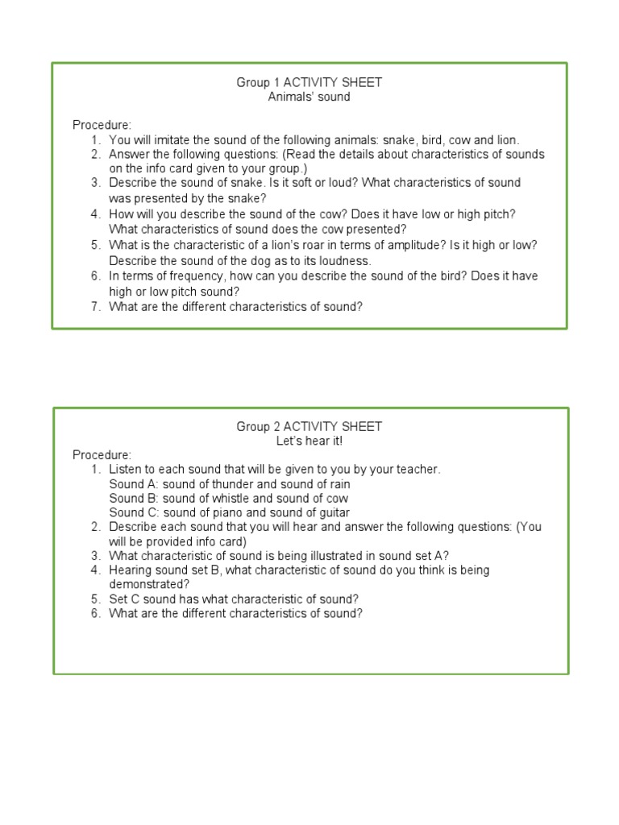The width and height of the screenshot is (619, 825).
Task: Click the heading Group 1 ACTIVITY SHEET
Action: tap(309, 82)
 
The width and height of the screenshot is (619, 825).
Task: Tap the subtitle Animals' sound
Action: tap(309, 97)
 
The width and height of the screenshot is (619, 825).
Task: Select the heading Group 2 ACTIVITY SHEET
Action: tap(309, 426)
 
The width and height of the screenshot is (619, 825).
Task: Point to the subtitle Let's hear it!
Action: tap(309, 441)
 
